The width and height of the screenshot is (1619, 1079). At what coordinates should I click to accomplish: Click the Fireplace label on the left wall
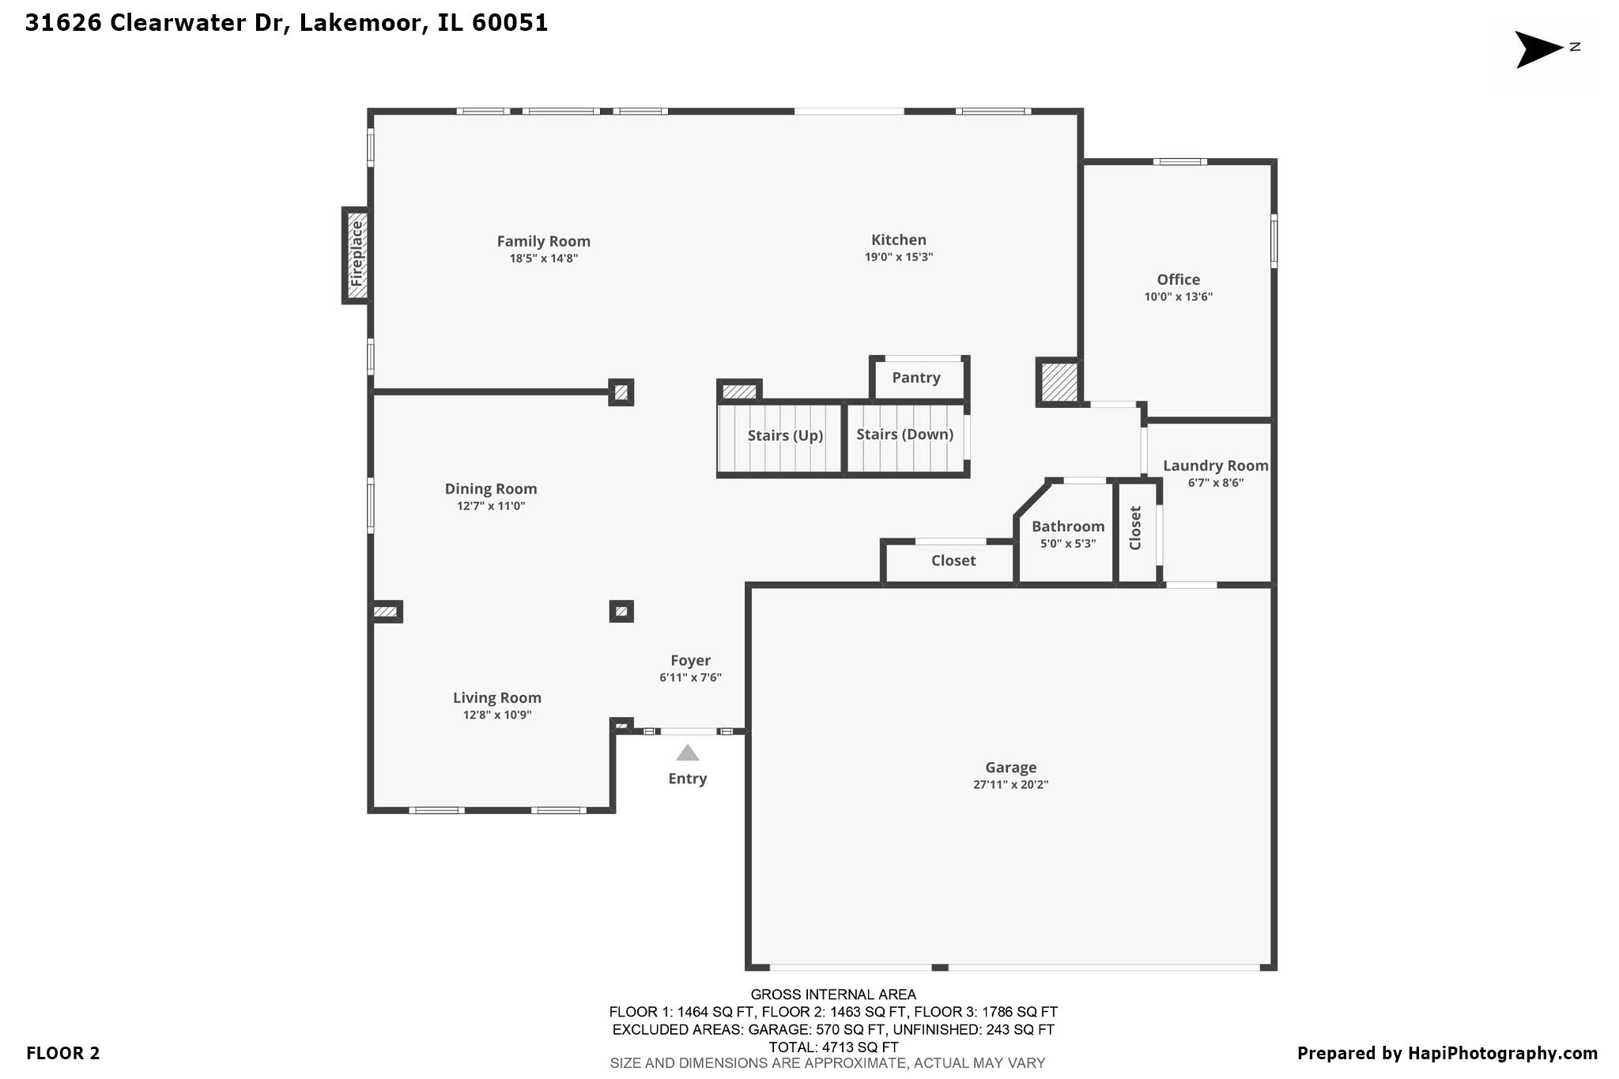(x=357, y=255)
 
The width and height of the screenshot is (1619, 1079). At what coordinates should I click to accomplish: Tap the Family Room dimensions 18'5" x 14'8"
(x=543, y=258)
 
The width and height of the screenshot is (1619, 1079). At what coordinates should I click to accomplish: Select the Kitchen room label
(x=898, y=240)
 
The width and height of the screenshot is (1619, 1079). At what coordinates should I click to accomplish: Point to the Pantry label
(x=915, y=378)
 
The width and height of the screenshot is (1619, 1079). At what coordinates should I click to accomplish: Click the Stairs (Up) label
(x=785, y=436)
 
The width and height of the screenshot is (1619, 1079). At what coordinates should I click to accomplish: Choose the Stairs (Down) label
(x=904, y=435)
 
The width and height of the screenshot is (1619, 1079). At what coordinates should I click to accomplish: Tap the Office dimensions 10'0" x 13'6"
(x=1178, y=297)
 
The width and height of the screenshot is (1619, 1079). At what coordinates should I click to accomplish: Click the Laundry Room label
(x=1215, y=466)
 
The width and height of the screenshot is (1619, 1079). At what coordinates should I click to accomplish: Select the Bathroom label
(x=1067, y=526)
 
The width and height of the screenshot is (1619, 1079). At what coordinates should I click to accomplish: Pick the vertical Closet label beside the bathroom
(x=1135, y=528)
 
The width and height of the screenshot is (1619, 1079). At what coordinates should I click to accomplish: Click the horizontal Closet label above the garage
(x=953, y=560)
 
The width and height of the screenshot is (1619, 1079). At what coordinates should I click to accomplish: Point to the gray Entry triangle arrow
(x=687, y=753)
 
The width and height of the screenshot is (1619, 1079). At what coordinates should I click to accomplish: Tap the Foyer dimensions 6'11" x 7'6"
(x=690, y=677)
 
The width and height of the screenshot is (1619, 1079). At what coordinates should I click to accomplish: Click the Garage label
(x=1010, y=767)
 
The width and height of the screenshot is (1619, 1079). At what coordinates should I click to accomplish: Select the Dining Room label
(x=490, y=489)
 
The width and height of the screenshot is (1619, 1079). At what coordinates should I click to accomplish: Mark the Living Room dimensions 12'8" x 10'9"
(x=496, y=715)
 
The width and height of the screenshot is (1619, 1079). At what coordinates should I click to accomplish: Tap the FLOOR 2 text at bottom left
(x=62, y=1053)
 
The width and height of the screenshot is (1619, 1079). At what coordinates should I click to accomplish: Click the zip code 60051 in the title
(x=509, y=23)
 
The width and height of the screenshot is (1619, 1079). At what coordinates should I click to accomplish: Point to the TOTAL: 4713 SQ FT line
(x=832, y=1047)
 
